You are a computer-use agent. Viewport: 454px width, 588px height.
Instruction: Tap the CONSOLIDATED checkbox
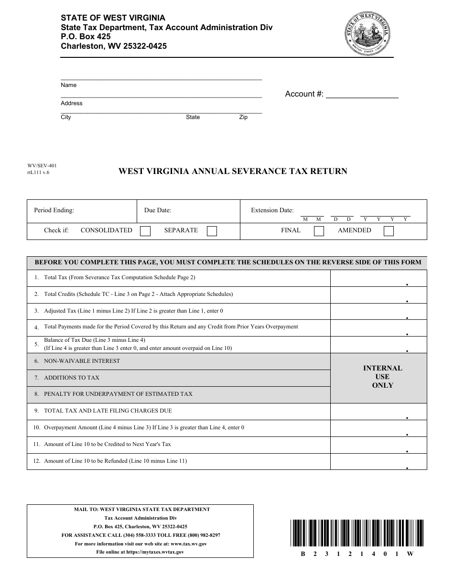145,231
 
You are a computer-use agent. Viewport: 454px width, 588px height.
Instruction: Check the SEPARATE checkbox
212,231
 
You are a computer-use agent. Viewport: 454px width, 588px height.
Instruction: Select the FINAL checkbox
319,231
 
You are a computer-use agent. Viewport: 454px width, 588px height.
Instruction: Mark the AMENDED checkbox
389,231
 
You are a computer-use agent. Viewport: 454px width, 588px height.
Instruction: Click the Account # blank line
362,95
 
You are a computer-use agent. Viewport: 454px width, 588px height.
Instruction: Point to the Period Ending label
54,210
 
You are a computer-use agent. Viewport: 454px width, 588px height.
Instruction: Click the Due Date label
158,210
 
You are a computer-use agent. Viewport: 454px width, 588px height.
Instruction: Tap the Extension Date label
272,210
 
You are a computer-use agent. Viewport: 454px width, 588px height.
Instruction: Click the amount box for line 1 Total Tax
378,278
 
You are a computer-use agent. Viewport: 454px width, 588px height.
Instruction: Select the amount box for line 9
378,411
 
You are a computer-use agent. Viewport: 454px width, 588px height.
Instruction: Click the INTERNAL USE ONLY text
383,377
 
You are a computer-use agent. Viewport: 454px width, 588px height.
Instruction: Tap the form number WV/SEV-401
38,166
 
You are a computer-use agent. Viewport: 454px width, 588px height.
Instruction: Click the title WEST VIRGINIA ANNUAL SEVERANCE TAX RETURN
233,171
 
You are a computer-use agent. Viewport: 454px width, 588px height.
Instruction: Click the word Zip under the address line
243,117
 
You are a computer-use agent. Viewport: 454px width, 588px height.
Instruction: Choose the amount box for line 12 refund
378,461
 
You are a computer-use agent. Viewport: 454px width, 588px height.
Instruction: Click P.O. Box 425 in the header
86,37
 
